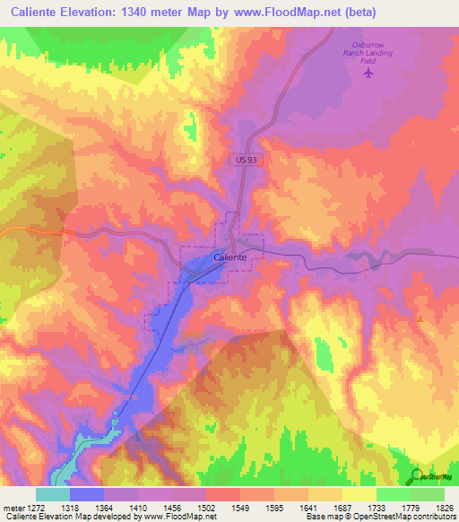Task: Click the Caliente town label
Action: [230, 257]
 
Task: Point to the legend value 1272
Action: [36, 507]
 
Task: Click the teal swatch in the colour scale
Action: [53, 494]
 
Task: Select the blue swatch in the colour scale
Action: [87, 494]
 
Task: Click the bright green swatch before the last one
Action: [393, 494]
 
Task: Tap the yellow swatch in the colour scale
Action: [359, 494]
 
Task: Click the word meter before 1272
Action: [13, 507]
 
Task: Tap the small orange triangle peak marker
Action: [420, 318]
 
